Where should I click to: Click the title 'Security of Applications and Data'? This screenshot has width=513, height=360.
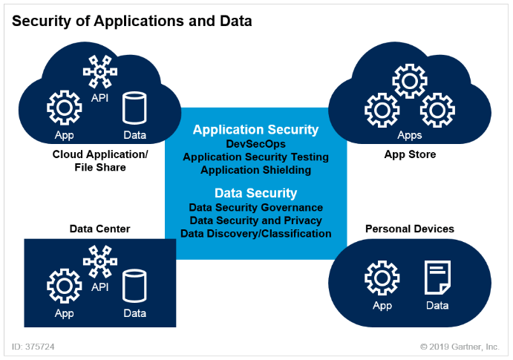pos(132,21)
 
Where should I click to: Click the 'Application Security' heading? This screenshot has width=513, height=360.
pos(255,130)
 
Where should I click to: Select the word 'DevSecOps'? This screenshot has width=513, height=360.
pos(255,144)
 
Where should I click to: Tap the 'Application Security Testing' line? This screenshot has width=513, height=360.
pos(255,157)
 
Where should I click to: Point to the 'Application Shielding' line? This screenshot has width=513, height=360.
pos(255,169)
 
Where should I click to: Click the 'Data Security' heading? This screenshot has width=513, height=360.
pos(255,193)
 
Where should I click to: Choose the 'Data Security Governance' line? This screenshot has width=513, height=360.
pos(255,207)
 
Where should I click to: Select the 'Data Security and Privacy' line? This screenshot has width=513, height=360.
pos(255,220)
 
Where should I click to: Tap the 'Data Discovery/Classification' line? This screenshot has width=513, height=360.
pos(255,233)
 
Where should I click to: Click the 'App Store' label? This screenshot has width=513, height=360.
pos(410,154)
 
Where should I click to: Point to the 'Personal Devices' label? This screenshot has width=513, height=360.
pos(410,229)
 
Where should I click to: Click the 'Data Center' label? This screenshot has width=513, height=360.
pos(99,229)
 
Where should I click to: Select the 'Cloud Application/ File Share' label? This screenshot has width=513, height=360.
pos(100,160)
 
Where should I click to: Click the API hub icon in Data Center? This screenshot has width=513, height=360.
pos(99,262)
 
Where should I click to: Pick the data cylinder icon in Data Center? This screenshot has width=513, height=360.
pos(134,286)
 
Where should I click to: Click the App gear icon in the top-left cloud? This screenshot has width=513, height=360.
pos(65,109)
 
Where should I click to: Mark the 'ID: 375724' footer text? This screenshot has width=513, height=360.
pos(33,347)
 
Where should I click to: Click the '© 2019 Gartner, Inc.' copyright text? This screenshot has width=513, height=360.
pos(459,347)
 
